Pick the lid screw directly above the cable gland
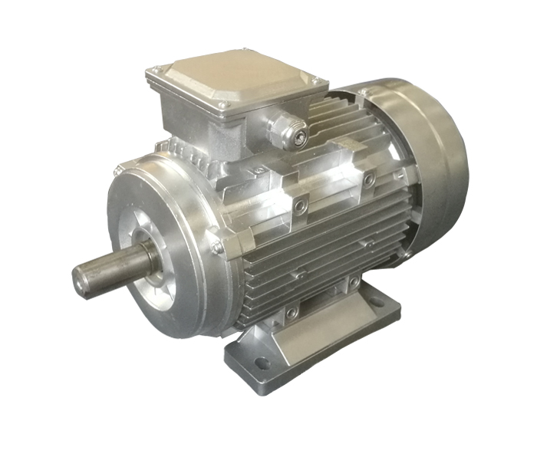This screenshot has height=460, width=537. (x=223, y=103)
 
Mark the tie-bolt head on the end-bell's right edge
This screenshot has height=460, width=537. (x=218, y=247)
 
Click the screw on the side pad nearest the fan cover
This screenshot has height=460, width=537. (x=369, y=181)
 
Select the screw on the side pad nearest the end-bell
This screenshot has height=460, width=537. (x=300, y=207)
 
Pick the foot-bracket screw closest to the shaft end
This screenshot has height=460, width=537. (x=291, y=312)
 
